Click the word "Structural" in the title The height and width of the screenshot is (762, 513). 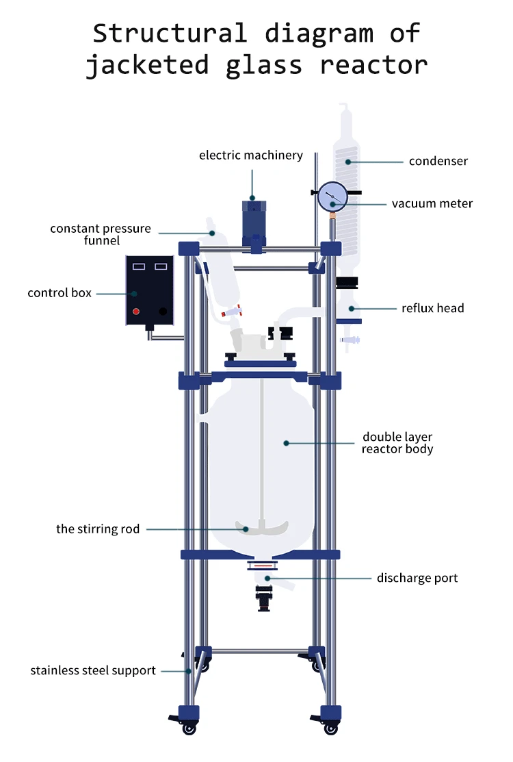coord(170,33)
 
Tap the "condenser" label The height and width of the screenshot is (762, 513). coord(438,161)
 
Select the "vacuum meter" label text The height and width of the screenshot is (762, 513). coord(432,203)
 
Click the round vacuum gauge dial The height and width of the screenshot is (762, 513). coord(333,196)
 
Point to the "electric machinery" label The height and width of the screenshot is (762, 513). coord(251,155)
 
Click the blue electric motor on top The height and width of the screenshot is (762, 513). coord(254,223)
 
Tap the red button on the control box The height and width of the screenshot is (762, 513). coord(136,311)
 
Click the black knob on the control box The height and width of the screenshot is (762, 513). coord(163,311)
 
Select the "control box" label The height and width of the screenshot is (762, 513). coord(60,293)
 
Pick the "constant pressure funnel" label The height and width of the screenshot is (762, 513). coord(101,234)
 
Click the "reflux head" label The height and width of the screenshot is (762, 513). coord(433,308)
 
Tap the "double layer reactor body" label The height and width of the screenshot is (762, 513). coord(397,443)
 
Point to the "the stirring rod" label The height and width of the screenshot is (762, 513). coord(98,529)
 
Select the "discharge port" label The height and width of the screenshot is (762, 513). coord(417,578)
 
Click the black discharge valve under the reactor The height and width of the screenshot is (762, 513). coord(264,598)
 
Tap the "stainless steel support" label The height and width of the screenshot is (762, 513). coord(93,671)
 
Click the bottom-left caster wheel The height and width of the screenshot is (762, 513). coord(189,729)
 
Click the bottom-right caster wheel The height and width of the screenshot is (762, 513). coord(331,729)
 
